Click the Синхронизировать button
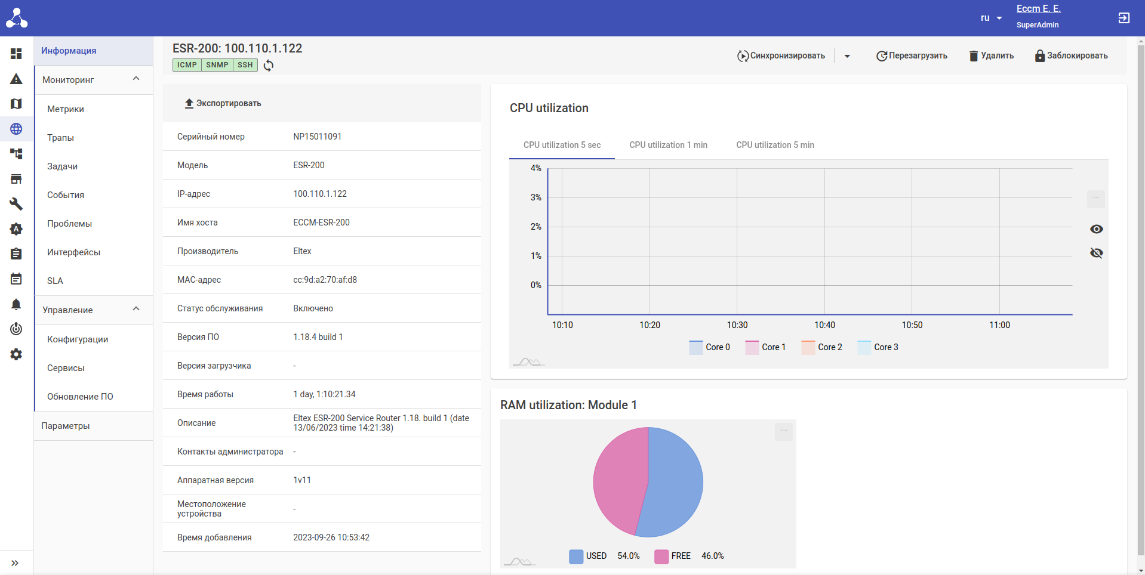(781, 55)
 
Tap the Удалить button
(991, 55)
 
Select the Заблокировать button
(1071, 55)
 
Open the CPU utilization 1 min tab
(668, 145)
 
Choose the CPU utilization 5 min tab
(775, 145)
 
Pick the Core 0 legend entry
(710, 347)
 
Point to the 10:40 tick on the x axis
(824, 325)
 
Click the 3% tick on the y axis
(536, 197)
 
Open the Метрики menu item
(66, 109)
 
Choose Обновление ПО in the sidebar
(80, 397)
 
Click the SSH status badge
(245, 65)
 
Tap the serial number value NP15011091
(317, 137)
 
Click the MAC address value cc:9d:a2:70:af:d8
(325, 280)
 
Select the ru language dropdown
(991, 18)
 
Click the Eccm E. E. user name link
(1038, 9)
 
